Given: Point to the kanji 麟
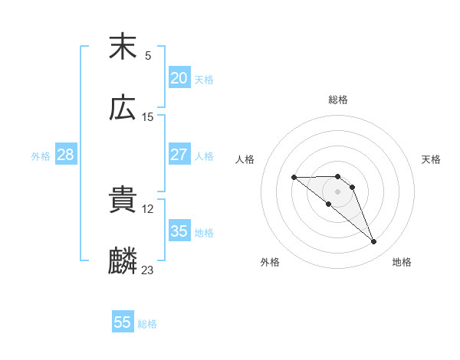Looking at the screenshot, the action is pos(123,261).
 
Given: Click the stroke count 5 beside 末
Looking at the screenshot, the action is pos(148,55).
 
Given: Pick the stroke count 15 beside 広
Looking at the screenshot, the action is pos(148,116).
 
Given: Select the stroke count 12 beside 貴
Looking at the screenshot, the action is pos(148,208).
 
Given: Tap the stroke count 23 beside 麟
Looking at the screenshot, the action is pos(148,270).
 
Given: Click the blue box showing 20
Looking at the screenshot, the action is pos(179,77).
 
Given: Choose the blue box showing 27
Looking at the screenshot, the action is pos(179,154).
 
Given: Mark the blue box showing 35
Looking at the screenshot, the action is pos(179,231).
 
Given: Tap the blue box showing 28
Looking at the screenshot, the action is pos(65,154).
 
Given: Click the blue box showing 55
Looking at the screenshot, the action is pos(123,322).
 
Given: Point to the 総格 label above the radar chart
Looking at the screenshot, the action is pos(338,100).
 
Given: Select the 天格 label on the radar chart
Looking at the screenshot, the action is pos(431,159).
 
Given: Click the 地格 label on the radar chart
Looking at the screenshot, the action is pos(402,262).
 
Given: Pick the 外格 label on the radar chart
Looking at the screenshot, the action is pos(270,262).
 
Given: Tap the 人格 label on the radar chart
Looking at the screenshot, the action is pos(245,159).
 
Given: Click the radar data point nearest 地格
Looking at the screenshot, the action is pos(374,242).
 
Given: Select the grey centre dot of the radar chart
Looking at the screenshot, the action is pos(337,191).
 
